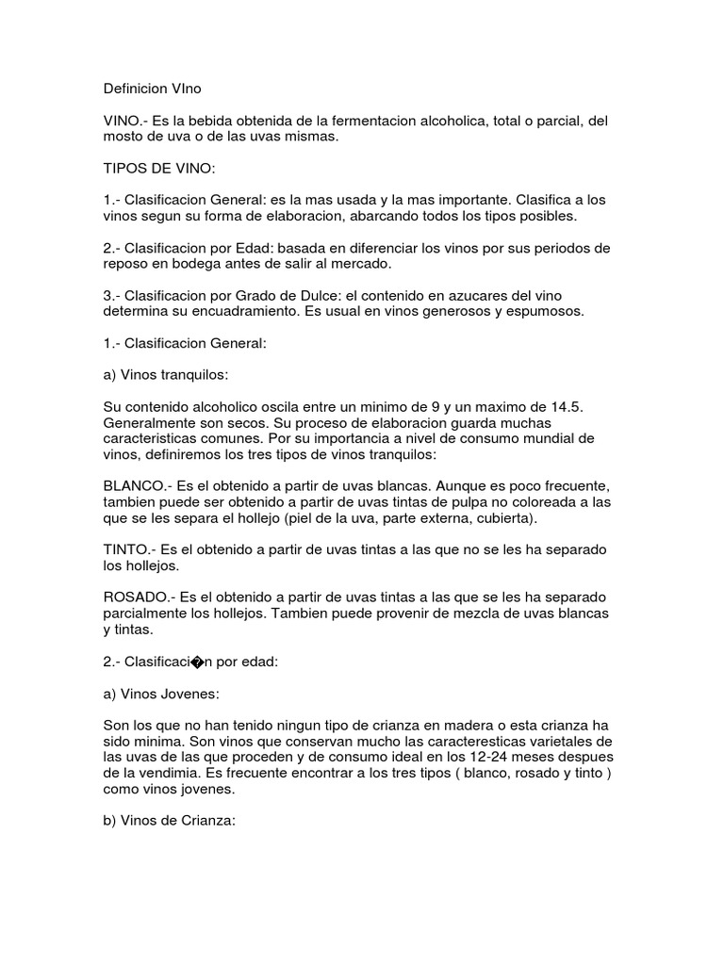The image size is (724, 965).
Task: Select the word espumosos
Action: (x=544, y=311)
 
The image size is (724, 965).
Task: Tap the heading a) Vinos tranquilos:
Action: (x=166, y=374)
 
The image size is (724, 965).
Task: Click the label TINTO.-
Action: (x=129, y=548)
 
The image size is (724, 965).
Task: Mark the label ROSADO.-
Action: (x=140, y=597)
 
